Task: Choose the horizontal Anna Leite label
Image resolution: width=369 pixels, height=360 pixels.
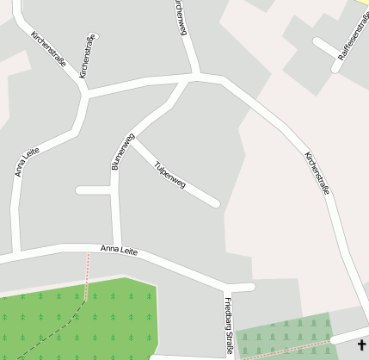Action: pyautogui.click(x=120, y=249)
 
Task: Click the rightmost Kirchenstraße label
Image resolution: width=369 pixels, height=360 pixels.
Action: pyautogui.click(x=317, y=173)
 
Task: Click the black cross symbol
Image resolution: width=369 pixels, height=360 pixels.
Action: pyautogui.click(x=362, y=344)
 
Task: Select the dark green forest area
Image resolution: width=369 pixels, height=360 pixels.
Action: pyautogui.click(x=77, y=319)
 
